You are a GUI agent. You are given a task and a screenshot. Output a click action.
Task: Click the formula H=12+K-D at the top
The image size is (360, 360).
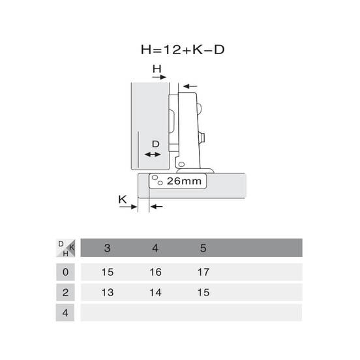[183, 50]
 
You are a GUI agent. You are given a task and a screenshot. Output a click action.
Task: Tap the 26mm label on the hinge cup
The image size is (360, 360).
[184, 181]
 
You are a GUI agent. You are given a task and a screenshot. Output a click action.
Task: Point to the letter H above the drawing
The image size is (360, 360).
[157, 68]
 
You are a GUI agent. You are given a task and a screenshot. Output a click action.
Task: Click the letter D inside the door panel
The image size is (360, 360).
[156, 144]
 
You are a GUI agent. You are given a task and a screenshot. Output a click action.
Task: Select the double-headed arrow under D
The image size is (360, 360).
[153, 155]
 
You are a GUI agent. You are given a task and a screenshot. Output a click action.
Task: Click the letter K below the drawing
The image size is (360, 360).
[123, 199]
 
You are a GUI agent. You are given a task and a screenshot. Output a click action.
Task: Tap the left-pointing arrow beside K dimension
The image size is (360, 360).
[157, 207]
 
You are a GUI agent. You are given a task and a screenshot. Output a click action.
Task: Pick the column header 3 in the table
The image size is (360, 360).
[107, 248]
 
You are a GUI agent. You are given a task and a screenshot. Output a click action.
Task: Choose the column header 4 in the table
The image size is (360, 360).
[155, 248]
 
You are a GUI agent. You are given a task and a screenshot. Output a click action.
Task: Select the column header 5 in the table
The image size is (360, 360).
[203, 248]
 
